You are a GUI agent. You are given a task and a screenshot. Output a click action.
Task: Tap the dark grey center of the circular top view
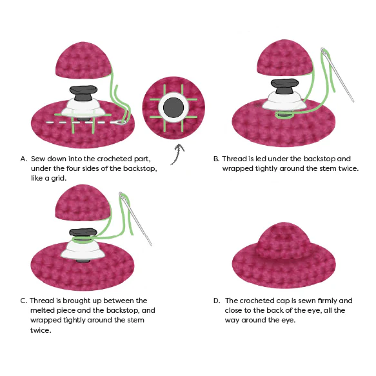(x=173, y=108)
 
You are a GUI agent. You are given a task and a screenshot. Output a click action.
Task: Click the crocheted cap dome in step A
(x=83, y=59)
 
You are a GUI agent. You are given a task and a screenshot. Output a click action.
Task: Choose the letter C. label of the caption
(x=24, y=301)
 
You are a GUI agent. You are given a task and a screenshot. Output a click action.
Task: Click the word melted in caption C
(x=43, y=310)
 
